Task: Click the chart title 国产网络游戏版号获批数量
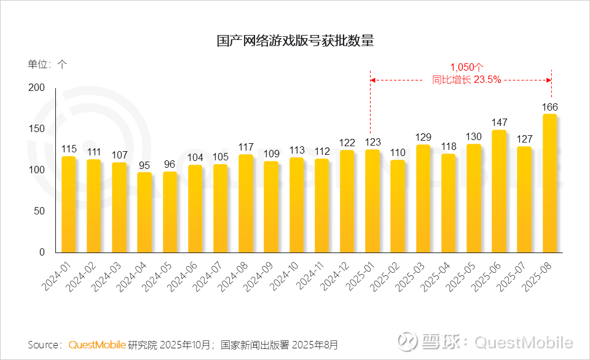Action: (295, 41)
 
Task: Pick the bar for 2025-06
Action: (499, 191)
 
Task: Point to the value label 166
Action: (549, 107)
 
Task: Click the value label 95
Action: (144, 165)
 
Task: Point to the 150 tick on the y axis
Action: (37, 129)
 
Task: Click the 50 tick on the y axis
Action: (40, 211)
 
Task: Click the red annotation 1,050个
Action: (467, 67)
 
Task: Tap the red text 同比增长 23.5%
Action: (467, 79)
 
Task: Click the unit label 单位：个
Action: (47, 64)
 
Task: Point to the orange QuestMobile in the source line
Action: (97, 345)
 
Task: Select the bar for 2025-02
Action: (398, 206)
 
